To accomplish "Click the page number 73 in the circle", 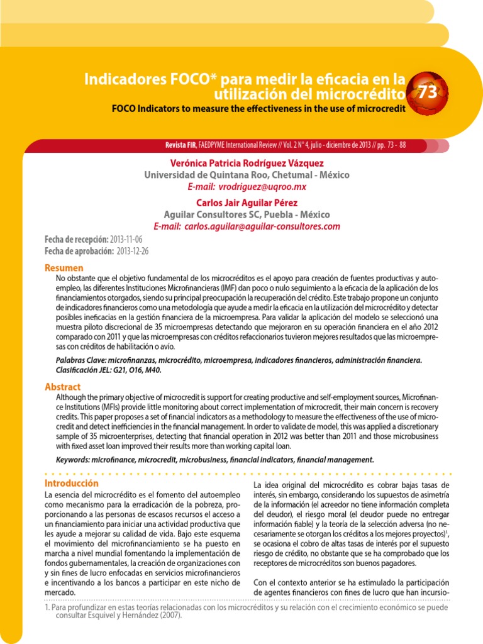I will [x=428, y=92].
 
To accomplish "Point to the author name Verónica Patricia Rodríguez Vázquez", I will [x=247, y=163].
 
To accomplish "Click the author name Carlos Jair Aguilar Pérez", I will [x=247, y=203].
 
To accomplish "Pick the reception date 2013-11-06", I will [x=126, y=240].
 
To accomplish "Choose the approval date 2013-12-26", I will [x=133, y=251].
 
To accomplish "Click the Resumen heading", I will [x=64, y=268].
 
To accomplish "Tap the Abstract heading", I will [x=63, y=387].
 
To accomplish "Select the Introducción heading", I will [x=72, y=483].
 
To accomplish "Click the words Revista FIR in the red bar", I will [x=180, y=145].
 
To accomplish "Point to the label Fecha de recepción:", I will [x=75, y=240].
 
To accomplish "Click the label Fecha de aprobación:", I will [x=79, y=251].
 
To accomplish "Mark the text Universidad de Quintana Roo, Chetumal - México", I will [x=247, y=175].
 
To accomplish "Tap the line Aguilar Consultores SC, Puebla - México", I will [x=247, y=214].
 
